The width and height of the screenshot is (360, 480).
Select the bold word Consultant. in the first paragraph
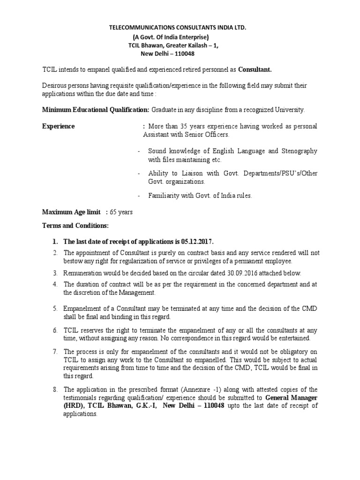point(255,70)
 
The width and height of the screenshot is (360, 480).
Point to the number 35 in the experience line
point(181,127)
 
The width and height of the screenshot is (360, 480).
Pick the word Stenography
point(298,151)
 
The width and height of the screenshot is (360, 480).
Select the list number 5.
point(54,308)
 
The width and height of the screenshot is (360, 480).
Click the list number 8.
point(54,390)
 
